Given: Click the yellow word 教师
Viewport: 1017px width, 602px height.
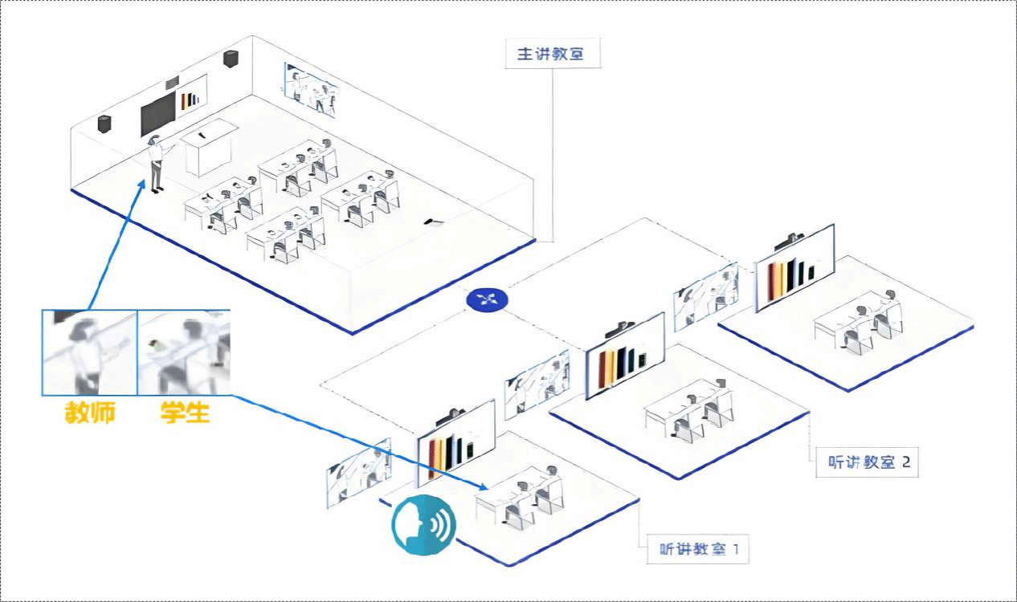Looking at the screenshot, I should (x=90, y=413).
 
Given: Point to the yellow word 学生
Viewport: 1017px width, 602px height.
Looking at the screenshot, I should (x=185, y=413).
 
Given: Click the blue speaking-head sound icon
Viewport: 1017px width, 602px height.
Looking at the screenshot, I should (x=423, y=525).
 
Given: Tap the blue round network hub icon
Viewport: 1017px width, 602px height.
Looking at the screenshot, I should (x=487, y=299).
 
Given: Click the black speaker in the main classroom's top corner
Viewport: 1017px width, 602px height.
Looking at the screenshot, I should (x=231, y=59).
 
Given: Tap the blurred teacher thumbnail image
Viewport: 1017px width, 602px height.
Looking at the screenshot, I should (x=89, y=352).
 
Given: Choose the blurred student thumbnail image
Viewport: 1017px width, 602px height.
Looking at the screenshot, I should (x=184, y=352).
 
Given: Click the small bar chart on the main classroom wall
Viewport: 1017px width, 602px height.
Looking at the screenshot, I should (x=190, y=99).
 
